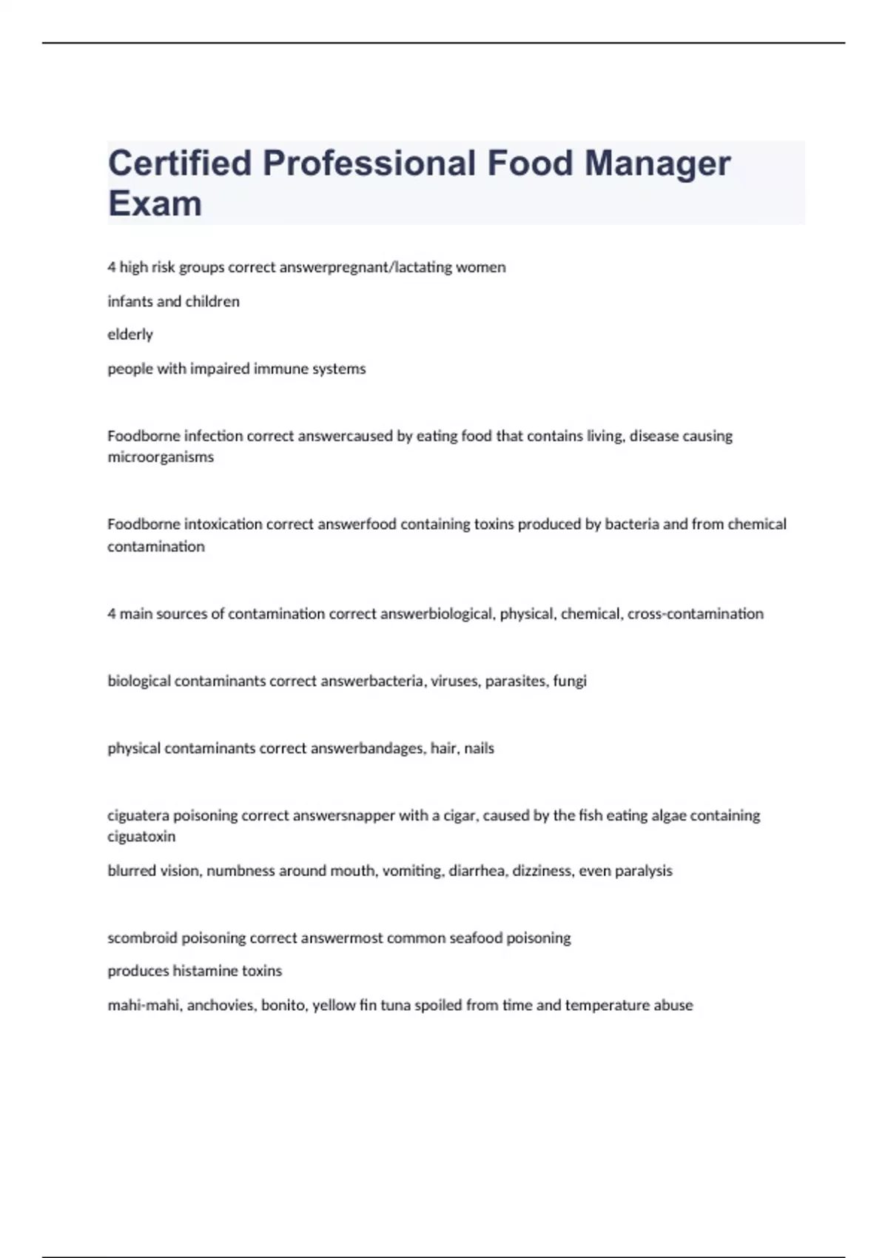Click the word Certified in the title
coord(180,164)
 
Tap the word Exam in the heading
coord(155,203)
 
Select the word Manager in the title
coord(657,164)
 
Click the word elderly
coord(130,334)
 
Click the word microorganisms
coord(161,457)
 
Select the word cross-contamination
coord(695,613)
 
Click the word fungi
coord(570,681)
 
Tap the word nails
coord(479,748)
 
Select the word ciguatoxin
coord(141,837)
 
